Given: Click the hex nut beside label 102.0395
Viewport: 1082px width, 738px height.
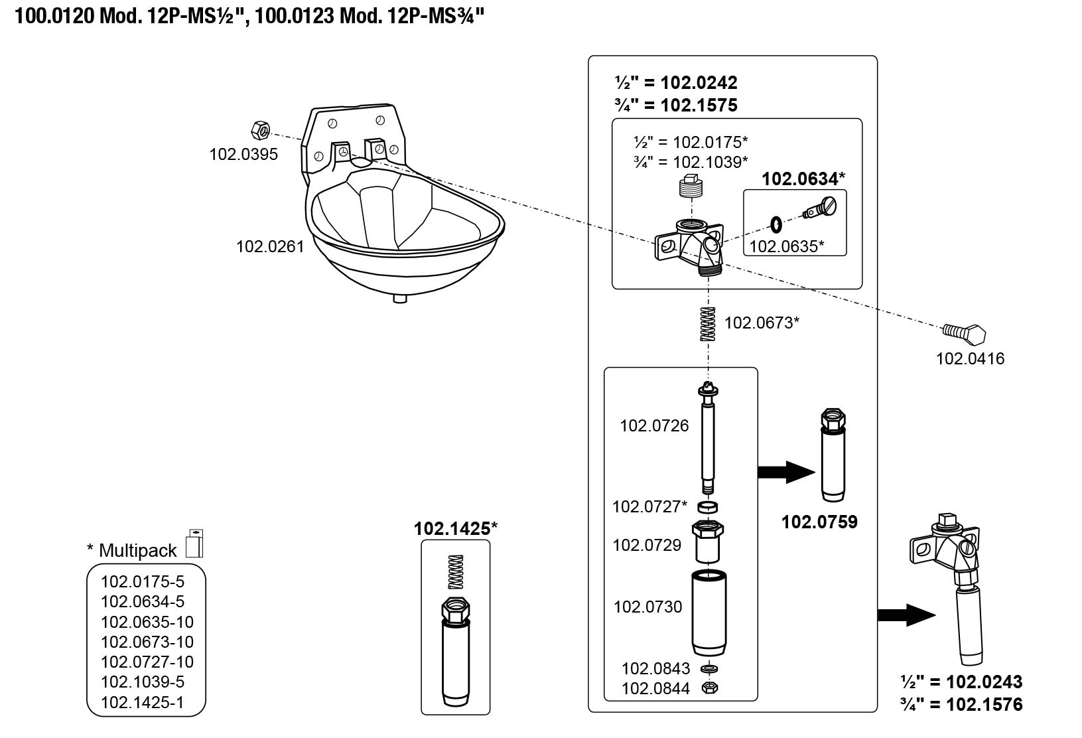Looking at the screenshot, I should click(260, 129).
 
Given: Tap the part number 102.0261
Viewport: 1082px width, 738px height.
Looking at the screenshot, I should click(270, 247).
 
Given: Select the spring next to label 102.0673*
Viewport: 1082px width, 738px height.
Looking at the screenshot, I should click(709, 325).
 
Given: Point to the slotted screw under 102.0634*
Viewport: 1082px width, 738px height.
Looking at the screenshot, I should click(821, 209).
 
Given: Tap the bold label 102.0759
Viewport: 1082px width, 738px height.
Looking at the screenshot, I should click(819, 522).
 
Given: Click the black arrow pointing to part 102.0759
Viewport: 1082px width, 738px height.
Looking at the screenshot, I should click(786, 473).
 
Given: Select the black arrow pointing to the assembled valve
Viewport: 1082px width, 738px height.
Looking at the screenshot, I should click(906, 615).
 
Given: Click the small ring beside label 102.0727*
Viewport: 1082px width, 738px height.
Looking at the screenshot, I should click(709, 508).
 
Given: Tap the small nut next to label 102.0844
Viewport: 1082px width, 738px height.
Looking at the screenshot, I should click(709, 688).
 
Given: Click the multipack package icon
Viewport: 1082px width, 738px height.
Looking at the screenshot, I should click(194, 544).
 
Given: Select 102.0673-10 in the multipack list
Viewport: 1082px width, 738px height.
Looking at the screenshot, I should click(147, 642).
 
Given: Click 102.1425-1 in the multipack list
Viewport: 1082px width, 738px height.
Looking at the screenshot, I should click(142, 701).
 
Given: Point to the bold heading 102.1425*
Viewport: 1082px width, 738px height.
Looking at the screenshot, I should click(456, 529).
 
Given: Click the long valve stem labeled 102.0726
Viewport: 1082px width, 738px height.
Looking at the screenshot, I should click(709, 441).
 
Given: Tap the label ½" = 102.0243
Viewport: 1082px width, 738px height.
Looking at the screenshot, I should click(961, 682).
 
